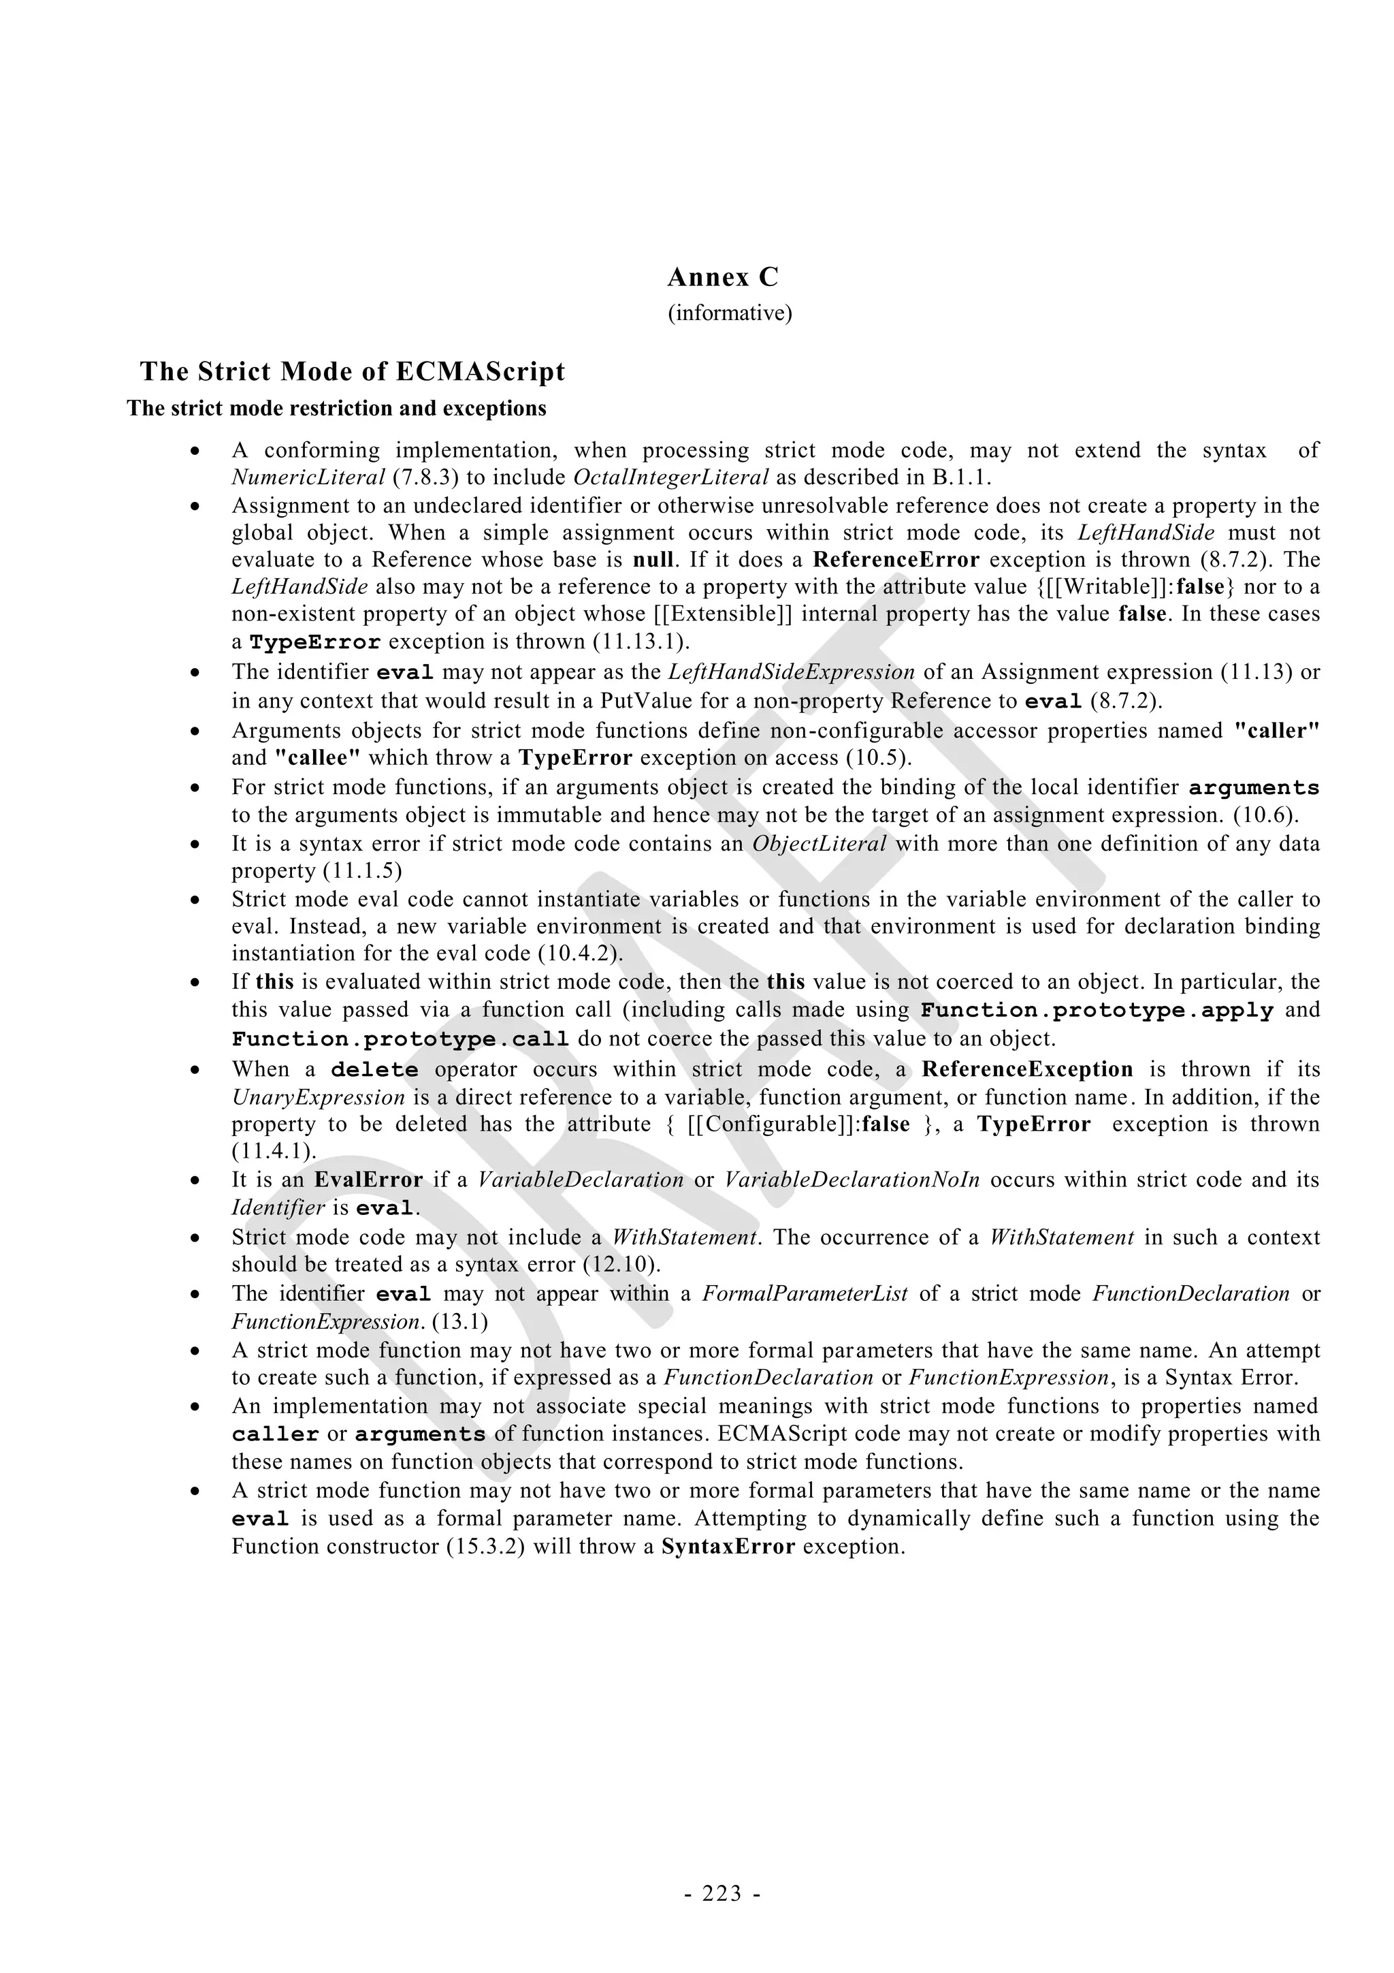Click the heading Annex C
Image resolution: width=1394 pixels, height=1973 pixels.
[722, 278]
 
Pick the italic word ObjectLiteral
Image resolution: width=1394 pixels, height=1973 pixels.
[819, 844]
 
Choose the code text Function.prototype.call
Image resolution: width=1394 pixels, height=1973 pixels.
[400, 1039]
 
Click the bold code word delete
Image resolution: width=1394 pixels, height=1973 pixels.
[374, 1070]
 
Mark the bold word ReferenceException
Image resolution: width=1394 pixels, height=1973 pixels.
[1027, 1069]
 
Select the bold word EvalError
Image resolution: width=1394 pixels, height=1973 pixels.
[368, 1180]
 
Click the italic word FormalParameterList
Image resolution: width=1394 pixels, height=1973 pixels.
[805, 1294]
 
